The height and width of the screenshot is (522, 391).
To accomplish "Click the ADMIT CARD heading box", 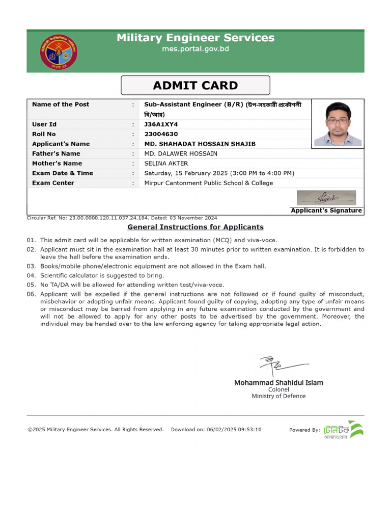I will [x=195, y=86].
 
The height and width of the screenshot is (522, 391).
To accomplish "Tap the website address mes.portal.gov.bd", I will [x=195, y=49].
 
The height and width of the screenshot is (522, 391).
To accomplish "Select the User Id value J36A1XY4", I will [x=161, y=124].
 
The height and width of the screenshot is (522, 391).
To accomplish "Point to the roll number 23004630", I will [x=161, y=134].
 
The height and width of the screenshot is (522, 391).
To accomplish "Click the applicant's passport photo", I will [x=338, y=123].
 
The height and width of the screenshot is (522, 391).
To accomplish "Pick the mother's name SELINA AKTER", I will [x=166, y=164].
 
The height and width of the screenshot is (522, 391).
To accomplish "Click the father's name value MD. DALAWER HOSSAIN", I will [x=181, y=153].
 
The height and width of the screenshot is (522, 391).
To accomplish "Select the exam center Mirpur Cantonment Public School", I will [x=209, y=183].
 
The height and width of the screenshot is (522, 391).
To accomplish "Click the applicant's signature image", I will [x=326, y=198].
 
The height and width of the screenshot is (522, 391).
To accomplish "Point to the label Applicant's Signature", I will [x=326, y=211].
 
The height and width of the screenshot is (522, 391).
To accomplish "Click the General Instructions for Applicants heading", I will [x=195, y=227].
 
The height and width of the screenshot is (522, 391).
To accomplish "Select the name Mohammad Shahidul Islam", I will [x=278, y=382].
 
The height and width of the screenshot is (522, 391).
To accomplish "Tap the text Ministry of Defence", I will [x=278, y=396].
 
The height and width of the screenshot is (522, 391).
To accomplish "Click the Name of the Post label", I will [x=61, y=105].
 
